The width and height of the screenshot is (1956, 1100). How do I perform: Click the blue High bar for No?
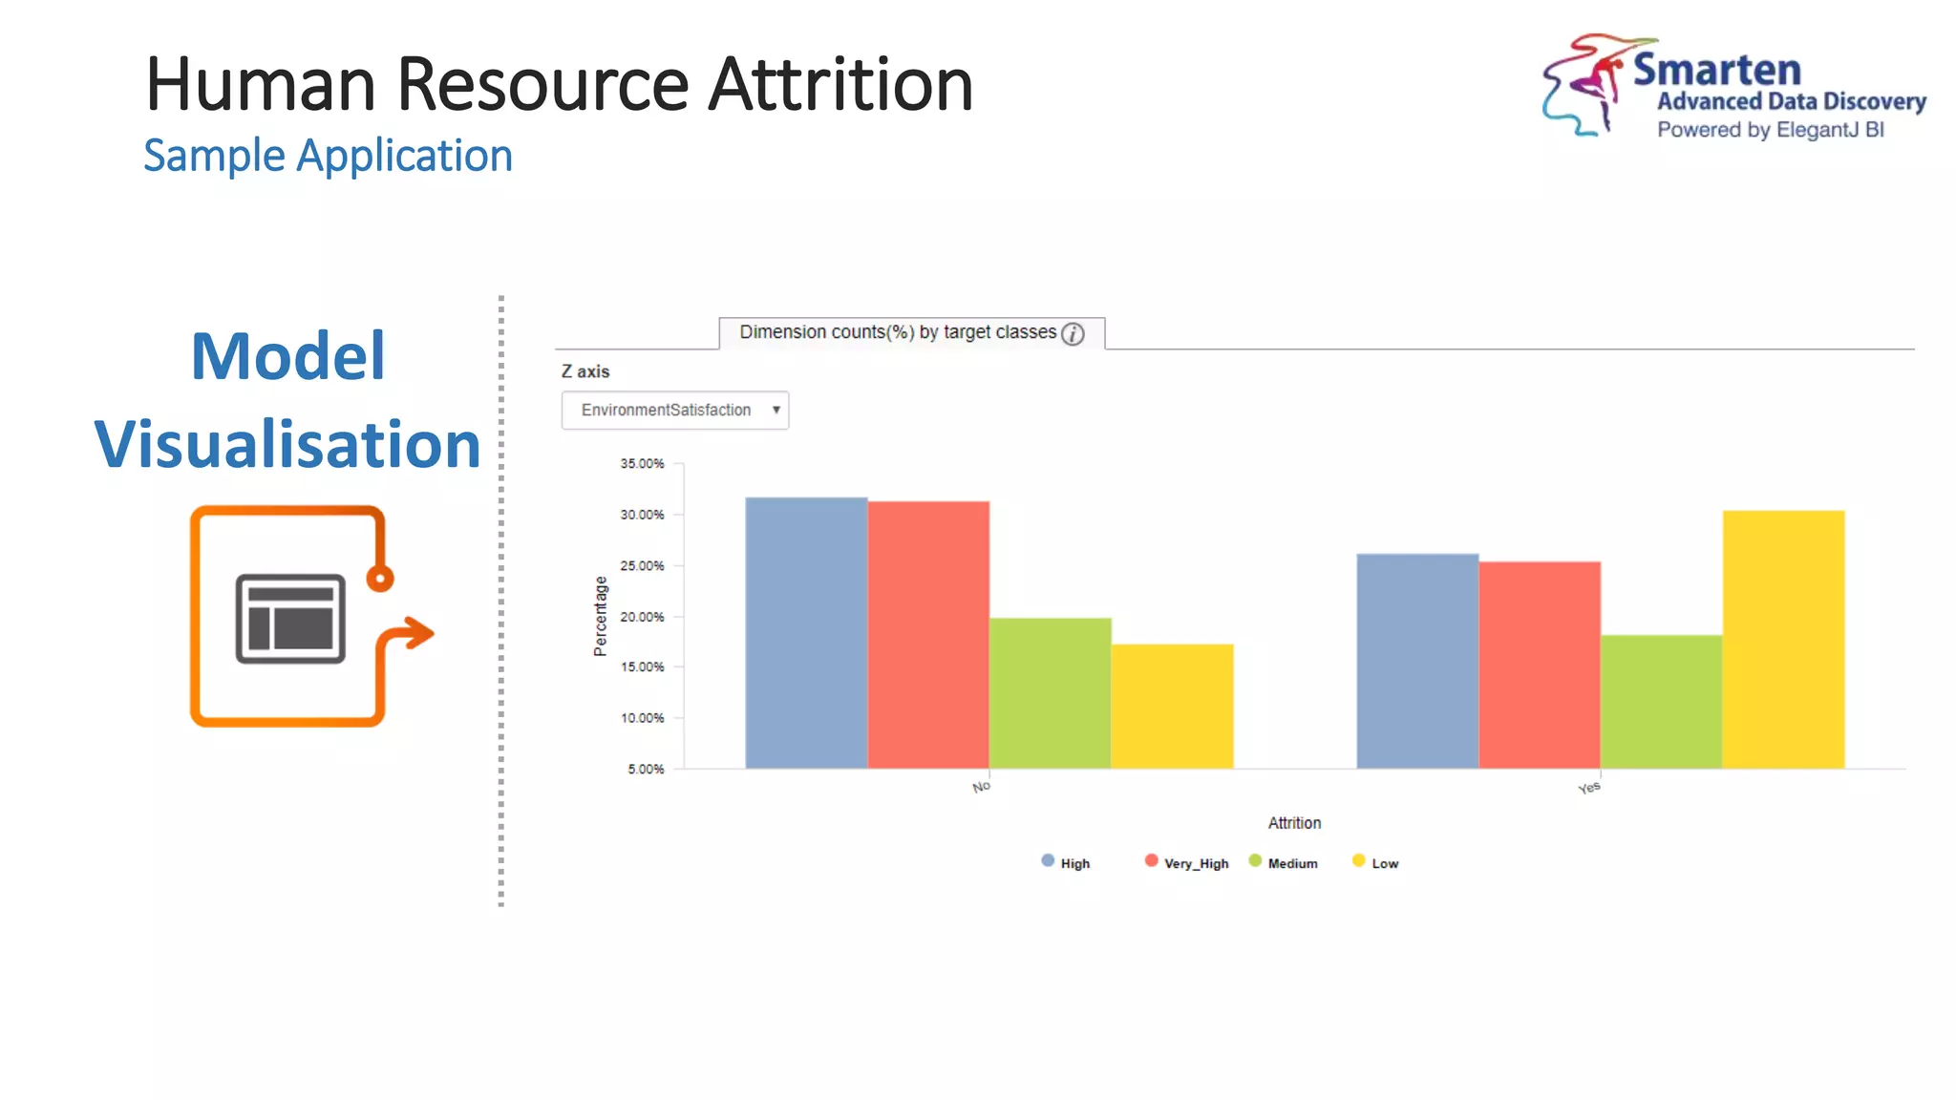[x=806, y=632]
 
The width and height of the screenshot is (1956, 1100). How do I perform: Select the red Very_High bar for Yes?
[x=1540, y=665]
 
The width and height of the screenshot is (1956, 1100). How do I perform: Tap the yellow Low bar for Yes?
[x=1783, y=639]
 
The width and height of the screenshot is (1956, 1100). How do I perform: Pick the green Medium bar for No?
[x=1051, y=692]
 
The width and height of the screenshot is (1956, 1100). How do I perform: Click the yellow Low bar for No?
[x=1172, y=706]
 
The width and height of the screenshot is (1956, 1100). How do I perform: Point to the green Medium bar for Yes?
[x=1661, y=701]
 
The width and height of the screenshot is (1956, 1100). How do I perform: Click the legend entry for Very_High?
[x=1187, y=862]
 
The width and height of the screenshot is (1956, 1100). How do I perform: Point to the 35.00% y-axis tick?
[x=642, y=463]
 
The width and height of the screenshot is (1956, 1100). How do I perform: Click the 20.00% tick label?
[x=642, y=617]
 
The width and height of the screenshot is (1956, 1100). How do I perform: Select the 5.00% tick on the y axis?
[x=646, y=769]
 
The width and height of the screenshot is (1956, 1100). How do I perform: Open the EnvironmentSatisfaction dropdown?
[x=674, y=410]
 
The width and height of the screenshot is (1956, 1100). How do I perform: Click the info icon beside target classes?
[x=1073, y=333]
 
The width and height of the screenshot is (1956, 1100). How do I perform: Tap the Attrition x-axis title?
[x=1294, y=822]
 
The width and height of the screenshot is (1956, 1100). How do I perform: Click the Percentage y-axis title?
[x=601, y=616]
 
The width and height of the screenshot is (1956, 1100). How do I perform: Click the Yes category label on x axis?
[x=1588, y=788]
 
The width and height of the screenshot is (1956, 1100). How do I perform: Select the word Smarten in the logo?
[x=1716, y=70]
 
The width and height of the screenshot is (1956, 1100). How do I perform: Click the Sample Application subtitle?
[x=328, y=156]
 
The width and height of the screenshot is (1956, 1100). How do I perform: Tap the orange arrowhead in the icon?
[x=417, y=633]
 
